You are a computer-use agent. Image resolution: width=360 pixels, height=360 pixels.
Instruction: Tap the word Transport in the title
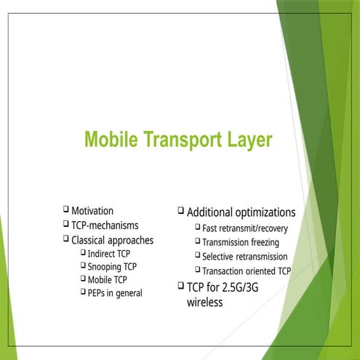pos(179,138)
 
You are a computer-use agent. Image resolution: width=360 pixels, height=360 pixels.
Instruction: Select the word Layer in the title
pos(246,138)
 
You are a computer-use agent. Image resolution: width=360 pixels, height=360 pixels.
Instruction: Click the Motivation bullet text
pos(92,211)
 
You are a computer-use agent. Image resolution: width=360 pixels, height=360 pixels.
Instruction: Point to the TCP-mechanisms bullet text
pos(105,225)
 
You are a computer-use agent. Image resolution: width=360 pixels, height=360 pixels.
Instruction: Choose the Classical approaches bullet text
pos(112,239)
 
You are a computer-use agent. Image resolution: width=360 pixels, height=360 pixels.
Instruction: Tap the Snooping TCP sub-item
pos(112,267)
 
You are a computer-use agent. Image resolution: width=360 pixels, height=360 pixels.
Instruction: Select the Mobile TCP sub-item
pos(107,280)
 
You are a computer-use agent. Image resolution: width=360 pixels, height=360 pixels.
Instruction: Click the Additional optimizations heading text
pos(241,212)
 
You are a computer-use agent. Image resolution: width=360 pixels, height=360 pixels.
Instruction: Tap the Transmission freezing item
pos(241,243)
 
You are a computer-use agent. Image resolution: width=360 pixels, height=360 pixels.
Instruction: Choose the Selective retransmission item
pos(245,257)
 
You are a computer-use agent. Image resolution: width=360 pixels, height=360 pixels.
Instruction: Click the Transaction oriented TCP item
pos(247,271)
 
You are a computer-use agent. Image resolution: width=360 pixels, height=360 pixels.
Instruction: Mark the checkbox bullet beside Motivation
pos(66,210)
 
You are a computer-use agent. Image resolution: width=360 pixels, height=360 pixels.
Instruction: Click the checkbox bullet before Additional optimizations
pos(181,211)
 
